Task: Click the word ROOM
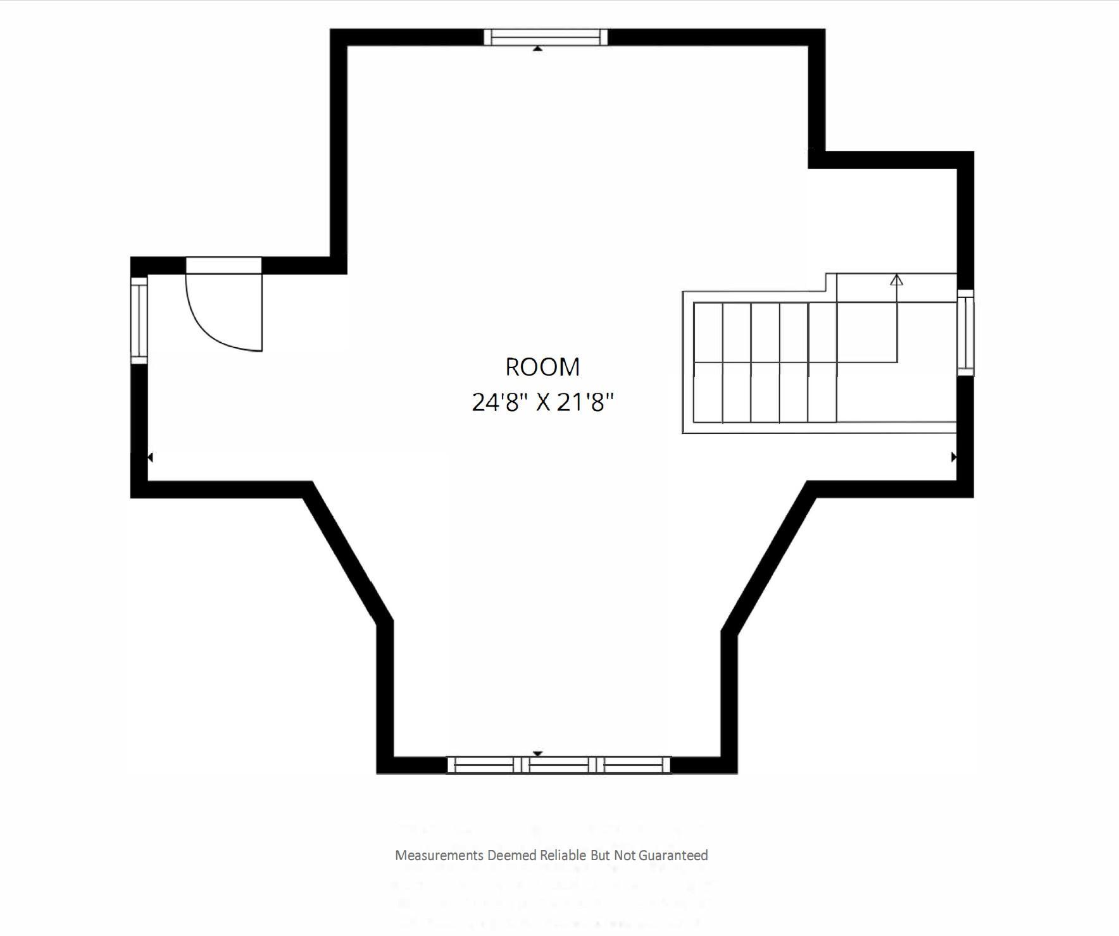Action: click(542, 367)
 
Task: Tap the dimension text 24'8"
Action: click(500, 402)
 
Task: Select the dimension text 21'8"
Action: click(585, 402)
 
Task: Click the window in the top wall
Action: click(546, 37)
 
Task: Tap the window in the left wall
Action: click(139, 320)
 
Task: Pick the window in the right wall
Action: click(965, 333)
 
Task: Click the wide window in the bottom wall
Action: click(558, 765)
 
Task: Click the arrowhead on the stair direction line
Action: click(896, 280)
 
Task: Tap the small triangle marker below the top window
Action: click(537, 48)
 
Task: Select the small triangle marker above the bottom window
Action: click(537, 753)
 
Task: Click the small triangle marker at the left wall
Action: click(150, 457)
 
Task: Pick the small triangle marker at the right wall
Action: click(954, 457)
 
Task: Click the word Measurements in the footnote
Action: click(439, 856)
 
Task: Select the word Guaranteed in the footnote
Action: click(673, 856)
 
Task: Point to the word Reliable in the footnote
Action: click(563, 856)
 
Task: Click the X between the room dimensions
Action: click(543, 403)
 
